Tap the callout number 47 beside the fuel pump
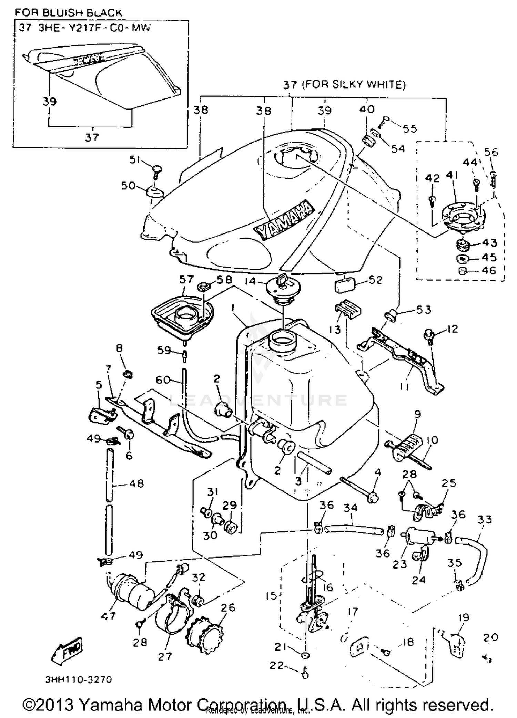coord(108,615)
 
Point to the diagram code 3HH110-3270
coord(79,679)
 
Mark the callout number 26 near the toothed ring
coord(228,607)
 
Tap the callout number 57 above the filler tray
coord(186,279)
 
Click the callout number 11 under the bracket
coord(405,387)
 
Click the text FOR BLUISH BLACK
coord(68,13)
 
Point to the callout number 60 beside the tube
coord(163,380)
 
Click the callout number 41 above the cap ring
coord(452,175)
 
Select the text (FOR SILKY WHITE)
coord(354,84)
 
